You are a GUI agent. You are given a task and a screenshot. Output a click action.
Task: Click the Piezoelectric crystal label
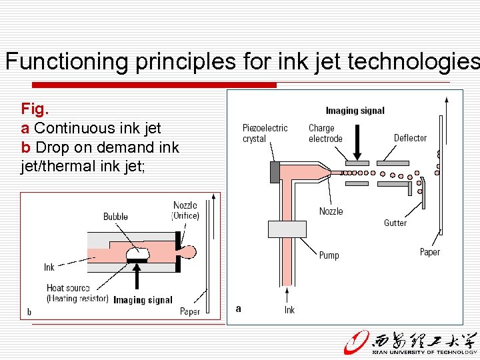tap(265, 133)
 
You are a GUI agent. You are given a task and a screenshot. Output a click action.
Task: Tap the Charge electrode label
tap(325, 133)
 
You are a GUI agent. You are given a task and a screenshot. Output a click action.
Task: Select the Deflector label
tap(410, 138)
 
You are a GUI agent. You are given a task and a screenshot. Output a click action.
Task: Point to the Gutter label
tap(395, 223)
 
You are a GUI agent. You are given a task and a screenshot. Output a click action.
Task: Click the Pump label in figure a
tap(329, 255)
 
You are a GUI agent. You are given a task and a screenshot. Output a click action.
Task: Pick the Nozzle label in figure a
tap(331, 211)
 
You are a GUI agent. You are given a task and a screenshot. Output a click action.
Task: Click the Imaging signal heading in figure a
tap(355, 111)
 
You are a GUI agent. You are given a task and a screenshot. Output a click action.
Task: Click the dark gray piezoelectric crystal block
tap(274, 171)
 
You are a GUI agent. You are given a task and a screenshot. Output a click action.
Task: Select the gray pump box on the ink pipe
tap(287, 229)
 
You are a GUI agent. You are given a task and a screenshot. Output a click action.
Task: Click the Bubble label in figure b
tap(115, 217)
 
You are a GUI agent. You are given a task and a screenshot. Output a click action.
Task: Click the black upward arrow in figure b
tap(137, 277)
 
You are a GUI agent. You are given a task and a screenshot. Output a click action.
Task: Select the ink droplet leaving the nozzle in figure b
tap(189, 252)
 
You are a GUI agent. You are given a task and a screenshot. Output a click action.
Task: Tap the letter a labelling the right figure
tap(239, 308)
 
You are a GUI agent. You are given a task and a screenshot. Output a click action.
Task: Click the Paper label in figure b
tap(189, 311)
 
